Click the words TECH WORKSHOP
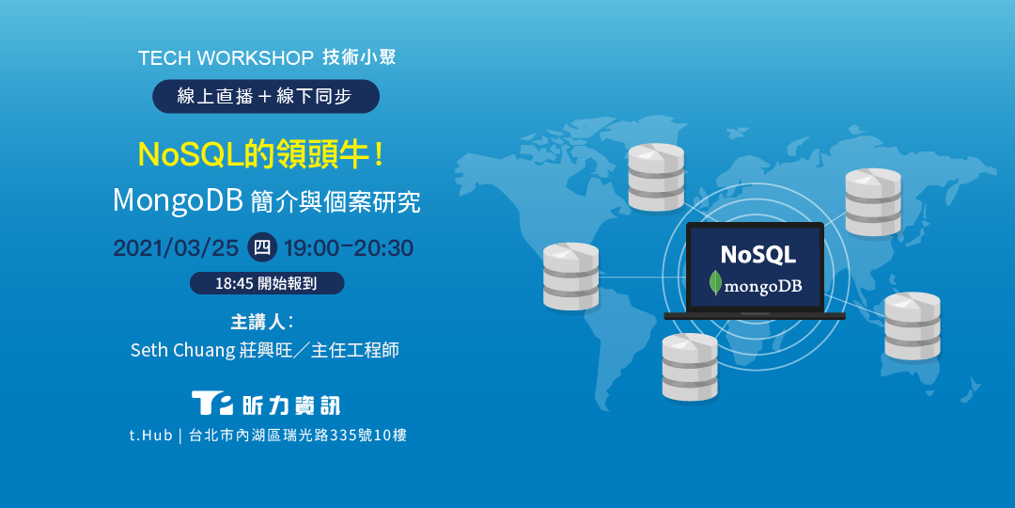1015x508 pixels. point(226,58)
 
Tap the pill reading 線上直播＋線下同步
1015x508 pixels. point(266,96)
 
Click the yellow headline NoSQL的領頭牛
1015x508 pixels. point(260,153)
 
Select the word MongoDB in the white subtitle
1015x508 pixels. point(178,200)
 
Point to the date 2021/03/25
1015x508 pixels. point(176,248)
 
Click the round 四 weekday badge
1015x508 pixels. point(261,248)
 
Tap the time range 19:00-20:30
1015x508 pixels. point(349,248)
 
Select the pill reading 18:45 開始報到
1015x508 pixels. point(267,283)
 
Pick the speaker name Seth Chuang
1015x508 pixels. point(182,350)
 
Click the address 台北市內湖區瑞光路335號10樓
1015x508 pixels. point(298,436)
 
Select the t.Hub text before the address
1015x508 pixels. point(151,436)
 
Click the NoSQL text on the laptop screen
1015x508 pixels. point(757,254)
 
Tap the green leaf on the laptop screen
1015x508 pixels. point(716,283)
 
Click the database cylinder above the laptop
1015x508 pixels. point(656,177)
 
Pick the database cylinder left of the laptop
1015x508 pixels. point(570,276)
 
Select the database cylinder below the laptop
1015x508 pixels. point(690,367)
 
